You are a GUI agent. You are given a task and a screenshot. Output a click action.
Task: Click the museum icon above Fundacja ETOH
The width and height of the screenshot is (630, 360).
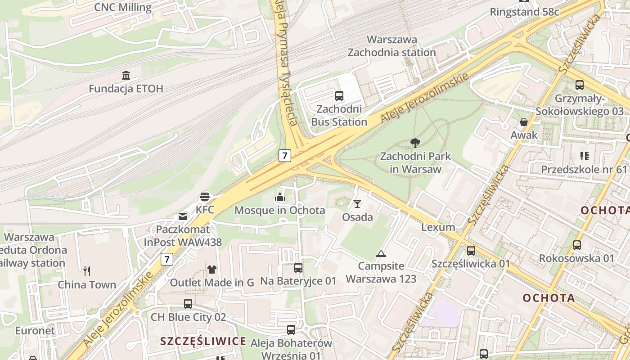(x=126, y=75)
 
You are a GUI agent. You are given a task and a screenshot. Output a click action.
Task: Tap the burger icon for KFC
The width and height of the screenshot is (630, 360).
(x=205, y=197)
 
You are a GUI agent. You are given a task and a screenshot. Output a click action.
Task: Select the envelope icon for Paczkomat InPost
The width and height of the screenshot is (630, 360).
(x=183, y=216)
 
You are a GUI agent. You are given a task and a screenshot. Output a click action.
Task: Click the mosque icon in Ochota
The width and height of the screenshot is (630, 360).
(x=279, y=197)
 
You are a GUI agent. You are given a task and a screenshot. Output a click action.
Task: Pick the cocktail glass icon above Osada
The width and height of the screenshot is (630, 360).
(x=357, y=204)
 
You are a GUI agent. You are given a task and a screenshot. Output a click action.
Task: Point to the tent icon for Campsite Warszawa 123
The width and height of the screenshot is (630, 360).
(x=381, y=253)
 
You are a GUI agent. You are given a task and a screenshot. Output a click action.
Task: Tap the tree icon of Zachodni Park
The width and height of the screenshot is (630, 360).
(x=415, y=144)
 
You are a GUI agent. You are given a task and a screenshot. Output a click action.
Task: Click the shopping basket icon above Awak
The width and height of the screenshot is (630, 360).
(x=524, y=121)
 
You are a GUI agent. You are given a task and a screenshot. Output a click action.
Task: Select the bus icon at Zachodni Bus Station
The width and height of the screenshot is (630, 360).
(x=339, y=95)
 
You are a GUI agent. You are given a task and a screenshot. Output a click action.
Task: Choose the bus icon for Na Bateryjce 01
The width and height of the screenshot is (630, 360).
(x=298, y=268)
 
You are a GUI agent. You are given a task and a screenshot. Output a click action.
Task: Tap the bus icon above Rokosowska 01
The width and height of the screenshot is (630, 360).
(x=577, y=245)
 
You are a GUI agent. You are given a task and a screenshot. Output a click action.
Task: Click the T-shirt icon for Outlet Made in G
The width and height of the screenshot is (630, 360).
(x=212, y=270)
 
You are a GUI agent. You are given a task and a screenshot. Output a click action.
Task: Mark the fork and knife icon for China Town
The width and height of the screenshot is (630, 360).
(x=87, y=271)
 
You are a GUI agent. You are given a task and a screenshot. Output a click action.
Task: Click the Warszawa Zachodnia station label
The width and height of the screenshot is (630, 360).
(x=392, y=46)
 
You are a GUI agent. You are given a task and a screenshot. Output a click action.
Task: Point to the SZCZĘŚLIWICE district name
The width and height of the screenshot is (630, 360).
(x=203, y=341)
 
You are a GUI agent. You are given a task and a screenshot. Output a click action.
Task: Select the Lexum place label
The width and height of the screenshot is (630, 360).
(x=438, y=227)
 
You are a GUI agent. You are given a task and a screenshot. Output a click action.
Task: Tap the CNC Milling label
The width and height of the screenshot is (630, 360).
(x=123, y=7)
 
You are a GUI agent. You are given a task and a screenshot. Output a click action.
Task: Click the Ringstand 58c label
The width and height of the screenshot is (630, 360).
(x=524, y=12)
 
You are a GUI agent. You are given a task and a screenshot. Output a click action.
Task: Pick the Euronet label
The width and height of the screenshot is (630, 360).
(x=35, y=331)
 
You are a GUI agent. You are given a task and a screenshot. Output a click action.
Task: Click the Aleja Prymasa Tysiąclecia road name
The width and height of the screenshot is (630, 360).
(x=286, y=63)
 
